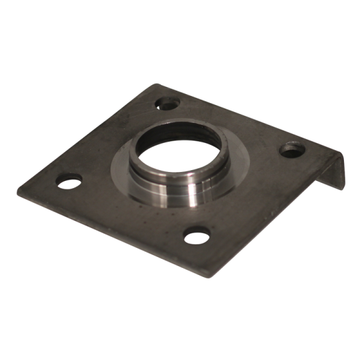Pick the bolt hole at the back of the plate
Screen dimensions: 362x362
click(167, 104)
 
